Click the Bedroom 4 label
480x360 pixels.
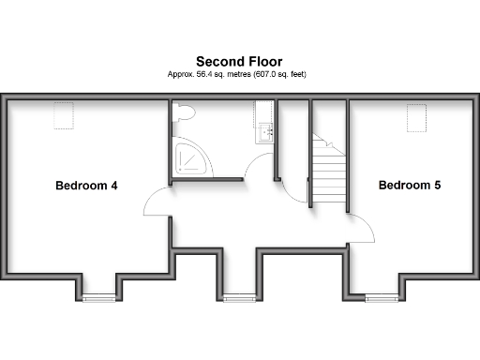coord(86,185)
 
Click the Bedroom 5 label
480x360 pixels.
coord(410,185)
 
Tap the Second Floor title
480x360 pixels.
coord(240,60)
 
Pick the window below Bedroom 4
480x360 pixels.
coord(97,297)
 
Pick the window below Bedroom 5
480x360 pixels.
coord(380,297)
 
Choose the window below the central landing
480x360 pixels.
coord(239,297)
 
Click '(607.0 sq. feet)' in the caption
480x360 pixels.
coord(277,73)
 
